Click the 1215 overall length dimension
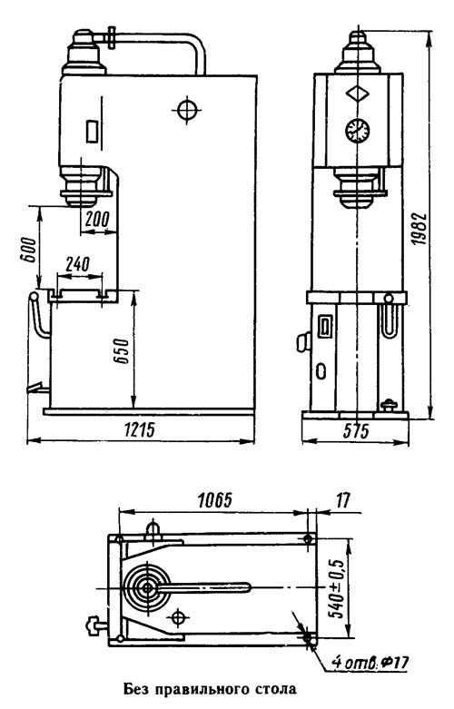click(x=140, y=429)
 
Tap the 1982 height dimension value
click(x=419, y=229)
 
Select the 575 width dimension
click(x=356, y=431)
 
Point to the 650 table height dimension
click(x=123, y=350)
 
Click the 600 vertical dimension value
click(x=27, y=249)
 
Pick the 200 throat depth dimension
click(x=98, y=220)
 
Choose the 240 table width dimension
click(x=77, y=264)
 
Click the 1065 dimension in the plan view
click(x=215, y=500)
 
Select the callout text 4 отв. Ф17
click(x=370, y=664)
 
